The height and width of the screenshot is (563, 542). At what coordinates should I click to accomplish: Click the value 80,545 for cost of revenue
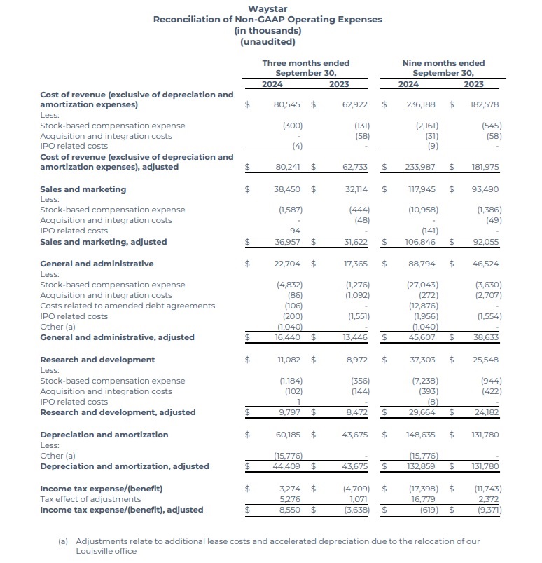[x=287, y=104]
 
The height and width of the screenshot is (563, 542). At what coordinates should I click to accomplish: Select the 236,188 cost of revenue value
[x=421, y=104]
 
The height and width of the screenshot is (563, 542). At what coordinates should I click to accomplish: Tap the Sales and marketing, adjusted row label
[x=104, y=242]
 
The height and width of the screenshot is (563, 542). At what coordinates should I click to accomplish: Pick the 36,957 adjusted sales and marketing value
[x=288, y=242]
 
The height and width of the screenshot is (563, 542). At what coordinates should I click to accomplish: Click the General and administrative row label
[x=97, y=264]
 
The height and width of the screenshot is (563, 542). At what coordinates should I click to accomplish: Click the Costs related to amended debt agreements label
[x=127, y=306]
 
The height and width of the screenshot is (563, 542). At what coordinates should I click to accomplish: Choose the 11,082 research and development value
[x=289, y=360]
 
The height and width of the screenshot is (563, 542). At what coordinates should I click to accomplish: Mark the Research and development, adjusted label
[x=118, y=412]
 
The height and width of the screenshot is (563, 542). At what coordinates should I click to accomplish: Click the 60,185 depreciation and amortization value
[x=287, y=435]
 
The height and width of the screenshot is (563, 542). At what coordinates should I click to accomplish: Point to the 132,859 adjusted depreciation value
[x=421, y=466]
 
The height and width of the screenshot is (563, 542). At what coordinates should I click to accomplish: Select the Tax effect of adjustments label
[x=90, y=498]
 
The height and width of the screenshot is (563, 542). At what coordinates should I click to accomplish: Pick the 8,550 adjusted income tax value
[x=289, y=510]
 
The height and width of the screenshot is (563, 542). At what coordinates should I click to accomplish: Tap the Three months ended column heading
[x=305, y=63]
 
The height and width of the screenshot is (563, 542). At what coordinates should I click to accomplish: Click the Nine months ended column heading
[x=443, y=63]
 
